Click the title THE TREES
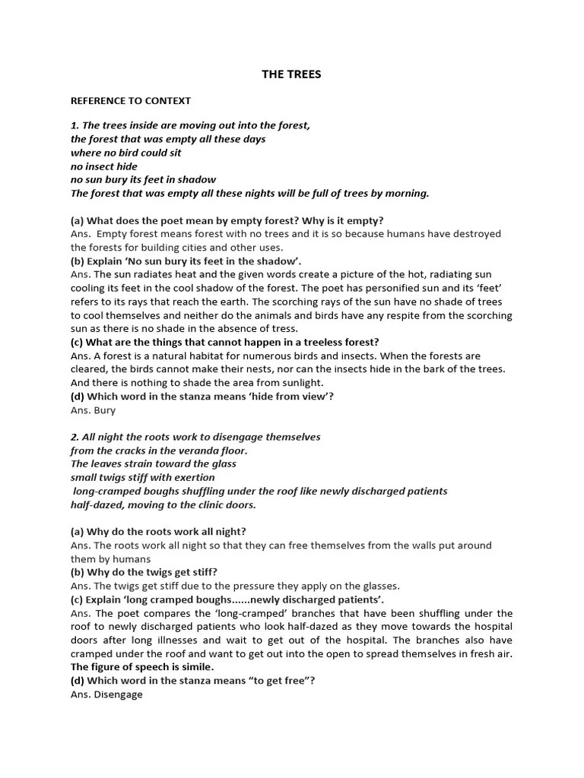(291, 74)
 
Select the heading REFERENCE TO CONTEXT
(131, 100)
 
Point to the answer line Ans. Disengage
(106, 694)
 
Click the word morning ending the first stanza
(408, 194)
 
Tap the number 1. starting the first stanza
(75, 125)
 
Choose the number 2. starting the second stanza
(75, 437)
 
